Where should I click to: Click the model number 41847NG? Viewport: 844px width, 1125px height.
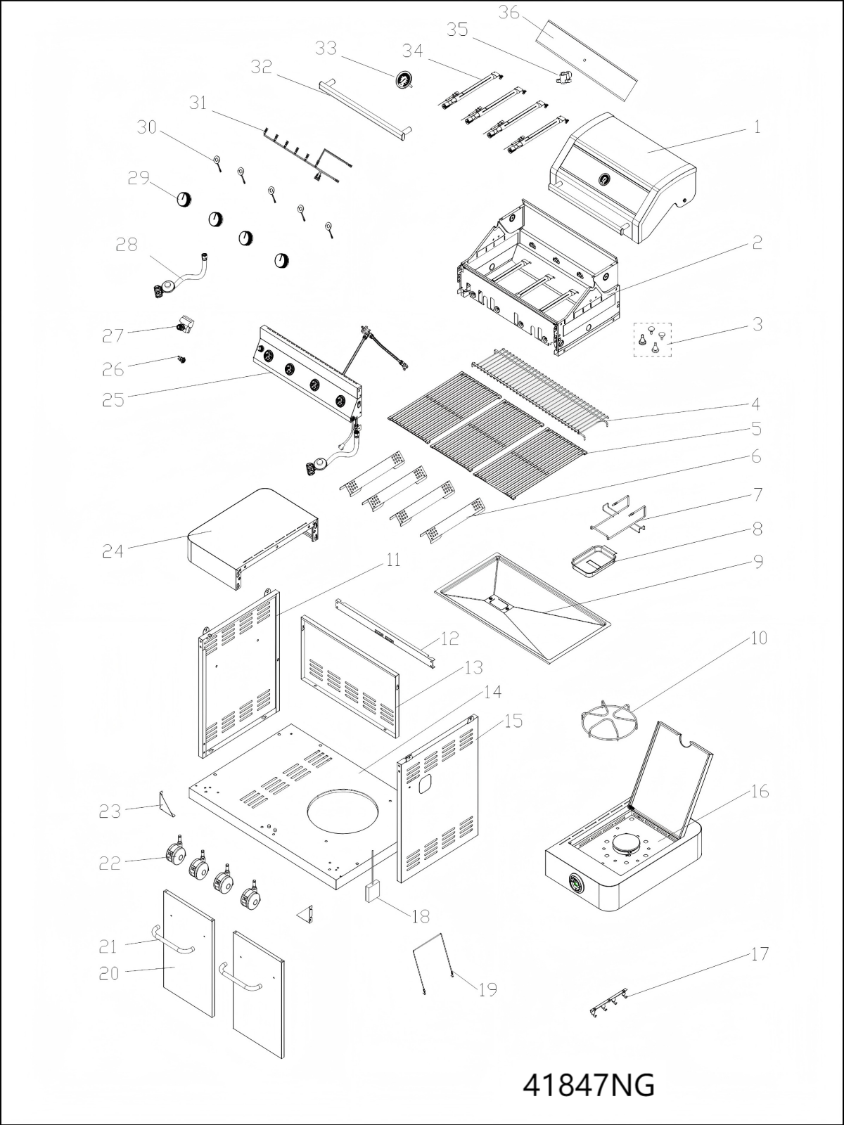[589, 1085]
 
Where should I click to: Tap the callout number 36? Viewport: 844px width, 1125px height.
[509, 13]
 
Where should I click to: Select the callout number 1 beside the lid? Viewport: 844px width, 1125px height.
[757, 127]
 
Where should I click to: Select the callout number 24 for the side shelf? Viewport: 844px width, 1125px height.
[113, 552]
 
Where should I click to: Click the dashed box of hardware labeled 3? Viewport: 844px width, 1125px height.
[653, 339]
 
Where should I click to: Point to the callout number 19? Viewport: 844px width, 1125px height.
[487, 989]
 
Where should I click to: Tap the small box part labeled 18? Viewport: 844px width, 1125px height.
[372, 892]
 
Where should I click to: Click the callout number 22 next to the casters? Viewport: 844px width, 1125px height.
[110, 863]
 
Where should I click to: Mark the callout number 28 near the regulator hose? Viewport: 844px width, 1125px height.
[127, 245]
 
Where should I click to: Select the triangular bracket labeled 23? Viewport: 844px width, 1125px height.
[167, 804]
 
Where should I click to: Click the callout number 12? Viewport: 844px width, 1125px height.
[450, 638]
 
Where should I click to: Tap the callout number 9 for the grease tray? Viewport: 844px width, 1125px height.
[757, 562]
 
